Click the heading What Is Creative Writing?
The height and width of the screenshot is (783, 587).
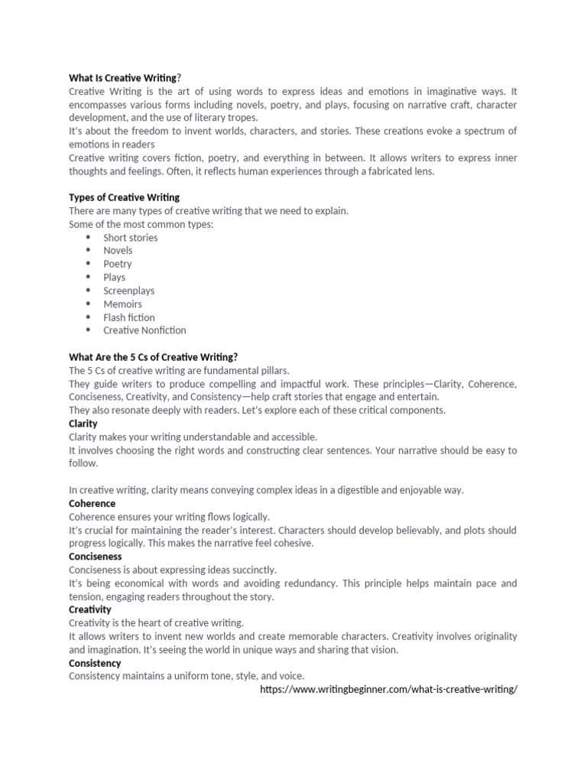(x=125, y=77)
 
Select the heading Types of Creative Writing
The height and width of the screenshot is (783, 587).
(x=125, y=197)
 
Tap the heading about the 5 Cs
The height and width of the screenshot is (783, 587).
(x=153, y=356)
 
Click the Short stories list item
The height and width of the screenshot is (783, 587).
(x=131, y=237)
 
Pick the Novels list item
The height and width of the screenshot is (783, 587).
(x=118, y=250)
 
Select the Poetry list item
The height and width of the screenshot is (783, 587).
(x=118, y=264)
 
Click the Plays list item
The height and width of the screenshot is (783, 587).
(x=115, y=277)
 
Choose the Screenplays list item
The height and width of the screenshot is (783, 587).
(x=129, y=291)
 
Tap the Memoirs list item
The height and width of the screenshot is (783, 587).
(x=123, y=304)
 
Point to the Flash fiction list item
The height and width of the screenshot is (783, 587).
(x=129, y=317)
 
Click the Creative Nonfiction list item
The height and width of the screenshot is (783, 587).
(x=144, y=330)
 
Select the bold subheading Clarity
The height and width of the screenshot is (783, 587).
(x=83, y=423)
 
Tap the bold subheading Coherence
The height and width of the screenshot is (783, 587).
(x=92, y=503)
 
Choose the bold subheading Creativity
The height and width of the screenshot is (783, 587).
(x=90, y=609)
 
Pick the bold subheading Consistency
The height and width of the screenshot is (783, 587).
(x=95, y=662)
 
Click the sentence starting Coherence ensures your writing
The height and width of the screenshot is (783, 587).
(x=169, y=517)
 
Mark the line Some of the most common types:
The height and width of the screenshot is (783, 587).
(x=141, y=224)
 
